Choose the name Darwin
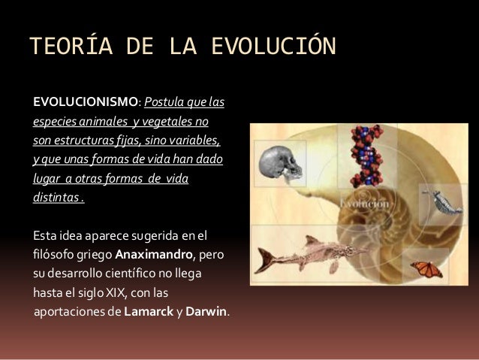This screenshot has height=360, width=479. click(x=206, y=310)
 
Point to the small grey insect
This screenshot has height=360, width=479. click(x=435, y=201)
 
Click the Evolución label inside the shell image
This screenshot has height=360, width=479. click(x=365, y=203)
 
